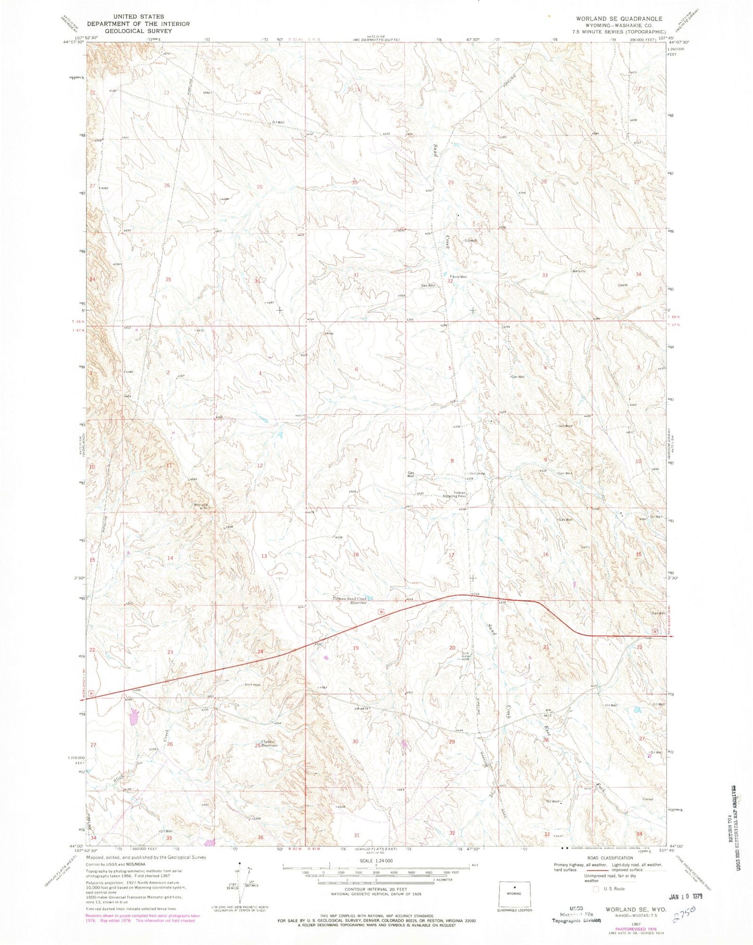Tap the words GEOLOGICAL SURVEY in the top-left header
(x=138, y=31)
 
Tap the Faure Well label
(x=458, y=276)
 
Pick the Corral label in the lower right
(x=648, y=799)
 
